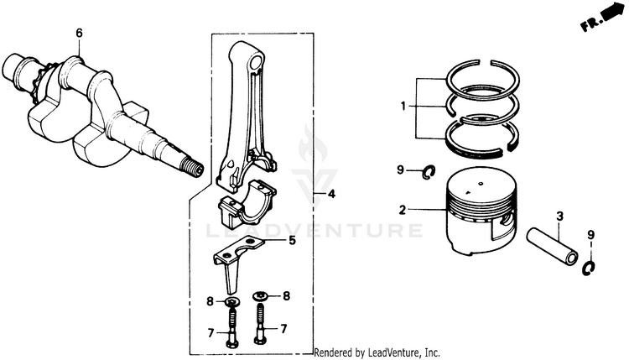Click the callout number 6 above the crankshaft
tap(79, 34)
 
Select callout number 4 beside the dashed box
tap(331, 195)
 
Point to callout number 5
tap(292, 241)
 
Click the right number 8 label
tap(287, 295)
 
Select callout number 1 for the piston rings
tap(403, 106)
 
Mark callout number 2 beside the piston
tap(403, 209)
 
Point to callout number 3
tap(558, 220)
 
